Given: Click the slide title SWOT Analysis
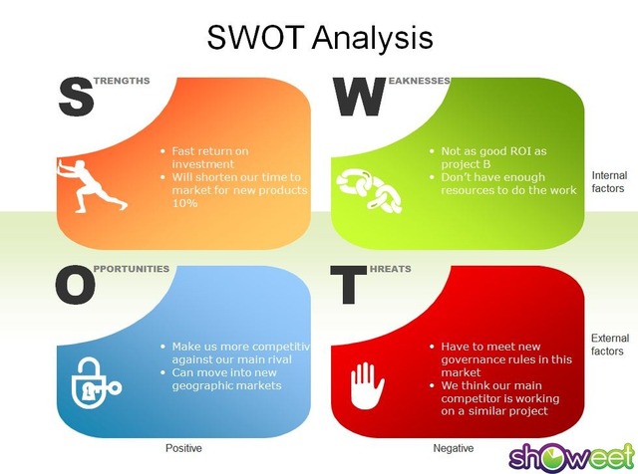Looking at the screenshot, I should [x=320, y=38].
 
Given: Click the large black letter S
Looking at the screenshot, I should [x=76, y=97].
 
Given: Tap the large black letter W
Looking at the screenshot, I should [x=358, y=97].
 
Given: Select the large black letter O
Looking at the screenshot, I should [x=76, y=286].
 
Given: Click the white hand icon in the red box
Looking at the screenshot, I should [x=367, y=381].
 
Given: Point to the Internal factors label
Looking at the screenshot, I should [x=607, y=181].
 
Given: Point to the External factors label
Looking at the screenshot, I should [x=609, y=345].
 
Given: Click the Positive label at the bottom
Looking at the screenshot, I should [x=183, y=449].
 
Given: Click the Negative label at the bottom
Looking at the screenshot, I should [x=454, y=449].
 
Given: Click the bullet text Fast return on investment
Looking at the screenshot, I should [x=209, y=157].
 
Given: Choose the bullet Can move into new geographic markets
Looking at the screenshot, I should [x=226, y=378].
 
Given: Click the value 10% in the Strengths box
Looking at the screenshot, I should [x=184, y=202].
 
